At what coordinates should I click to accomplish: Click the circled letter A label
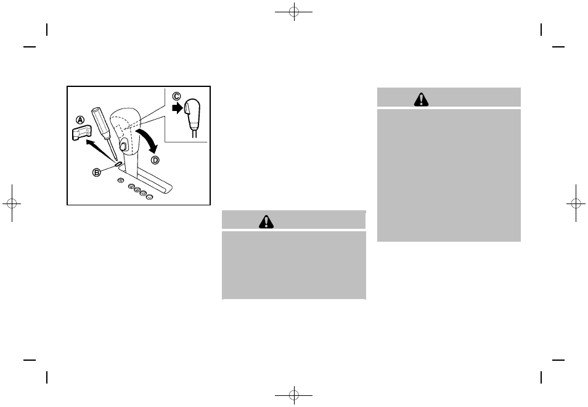pyautogui.click(x=80, y=120)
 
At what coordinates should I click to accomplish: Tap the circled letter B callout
pyautogui.click(x=97, y=172)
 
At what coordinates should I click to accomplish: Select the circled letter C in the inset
pyautogui.click(x=177, y=96)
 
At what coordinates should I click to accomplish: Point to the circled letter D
pyautogui.click(x=155, y=160)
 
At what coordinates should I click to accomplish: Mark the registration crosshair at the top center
pyautogui.click(x=294, y=12)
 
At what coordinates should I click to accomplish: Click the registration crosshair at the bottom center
pyautogui.click(x=294, y=393)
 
